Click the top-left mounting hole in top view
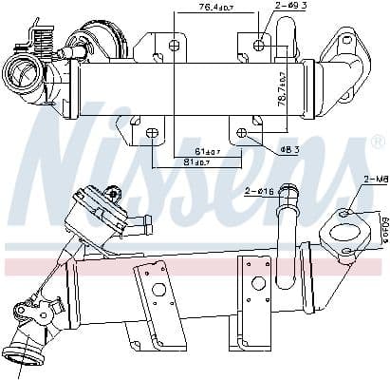click(174, 45)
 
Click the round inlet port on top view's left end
click(19, 72)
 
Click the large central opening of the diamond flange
click(340, 234)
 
